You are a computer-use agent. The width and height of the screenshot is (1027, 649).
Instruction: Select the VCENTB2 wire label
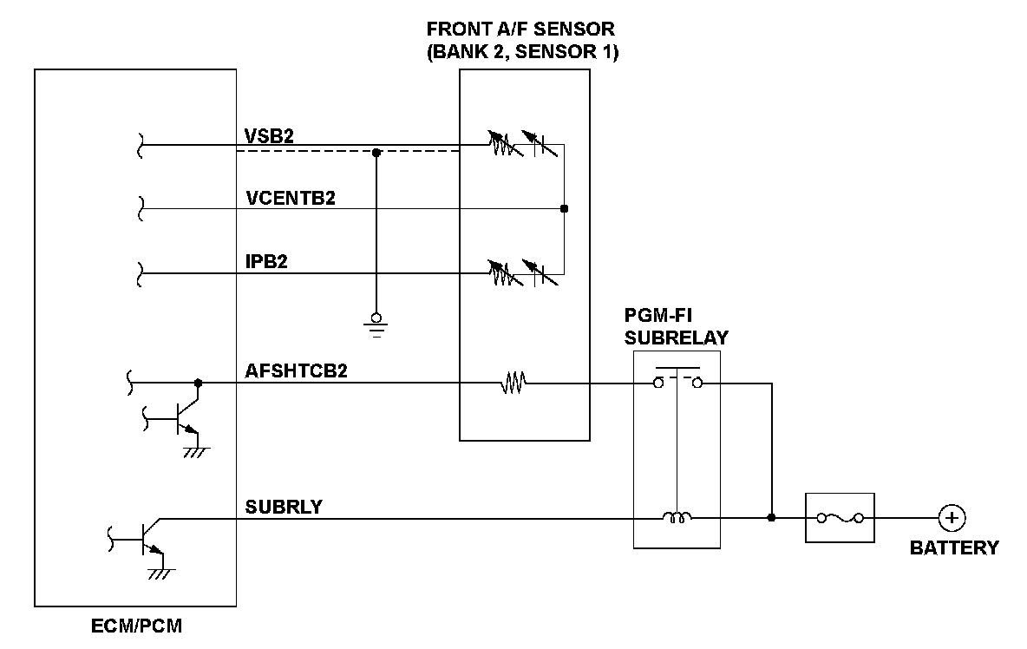(291, 198)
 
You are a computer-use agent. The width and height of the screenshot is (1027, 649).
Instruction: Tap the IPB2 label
(266, 263)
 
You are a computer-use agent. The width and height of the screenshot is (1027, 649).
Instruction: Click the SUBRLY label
(283, 507)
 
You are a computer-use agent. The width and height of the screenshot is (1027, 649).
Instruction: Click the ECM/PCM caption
(136, 626)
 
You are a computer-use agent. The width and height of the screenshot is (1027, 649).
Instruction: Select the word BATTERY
(954, 548)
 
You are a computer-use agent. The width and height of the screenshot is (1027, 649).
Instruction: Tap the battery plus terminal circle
(952, 518)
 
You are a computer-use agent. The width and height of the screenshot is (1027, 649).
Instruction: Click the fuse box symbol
(840, 518)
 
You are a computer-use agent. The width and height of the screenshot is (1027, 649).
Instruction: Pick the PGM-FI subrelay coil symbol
(677, 519)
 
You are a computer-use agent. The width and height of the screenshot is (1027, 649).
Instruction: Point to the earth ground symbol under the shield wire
(376, 323)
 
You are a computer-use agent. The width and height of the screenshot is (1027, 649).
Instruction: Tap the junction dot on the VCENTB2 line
(564, 209)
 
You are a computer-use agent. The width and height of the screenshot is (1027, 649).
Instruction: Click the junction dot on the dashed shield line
(376, 153)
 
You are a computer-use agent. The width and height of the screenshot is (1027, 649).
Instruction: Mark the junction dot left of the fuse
(771, 518)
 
